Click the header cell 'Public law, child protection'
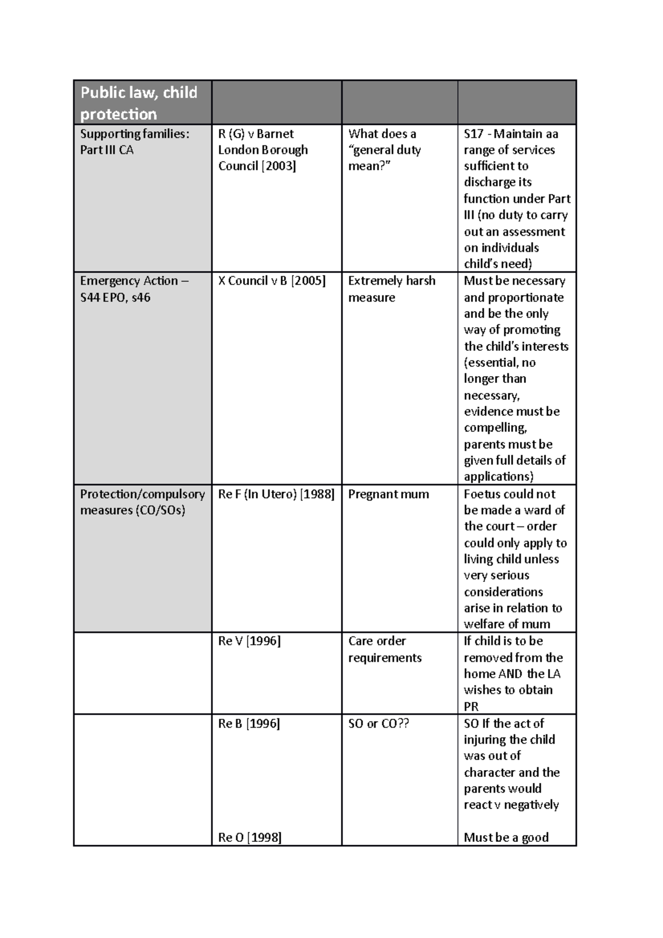tap(139, 103)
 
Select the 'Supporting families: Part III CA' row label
tap(134, 142)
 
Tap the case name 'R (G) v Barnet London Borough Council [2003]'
tap(263, 150)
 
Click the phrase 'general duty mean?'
tap(385, 158)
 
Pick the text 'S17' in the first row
tap(473, 134)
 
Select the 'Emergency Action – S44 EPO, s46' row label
tap(134, 289)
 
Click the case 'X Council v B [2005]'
tap(272, 281)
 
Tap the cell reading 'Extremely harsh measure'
tap(391, 289)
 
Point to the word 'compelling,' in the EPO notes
tap(496, 428)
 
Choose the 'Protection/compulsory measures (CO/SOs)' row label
tap(142, 502)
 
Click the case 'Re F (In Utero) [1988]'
tap(276, 494)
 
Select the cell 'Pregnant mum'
tap(388, 494)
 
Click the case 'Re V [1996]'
tap(249, 641)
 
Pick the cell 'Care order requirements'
tap(385, 650)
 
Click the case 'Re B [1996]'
tap(249, 724)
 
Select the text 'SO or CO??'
tap(378, 724)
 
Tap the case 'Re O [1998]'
tap(250, 837)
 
